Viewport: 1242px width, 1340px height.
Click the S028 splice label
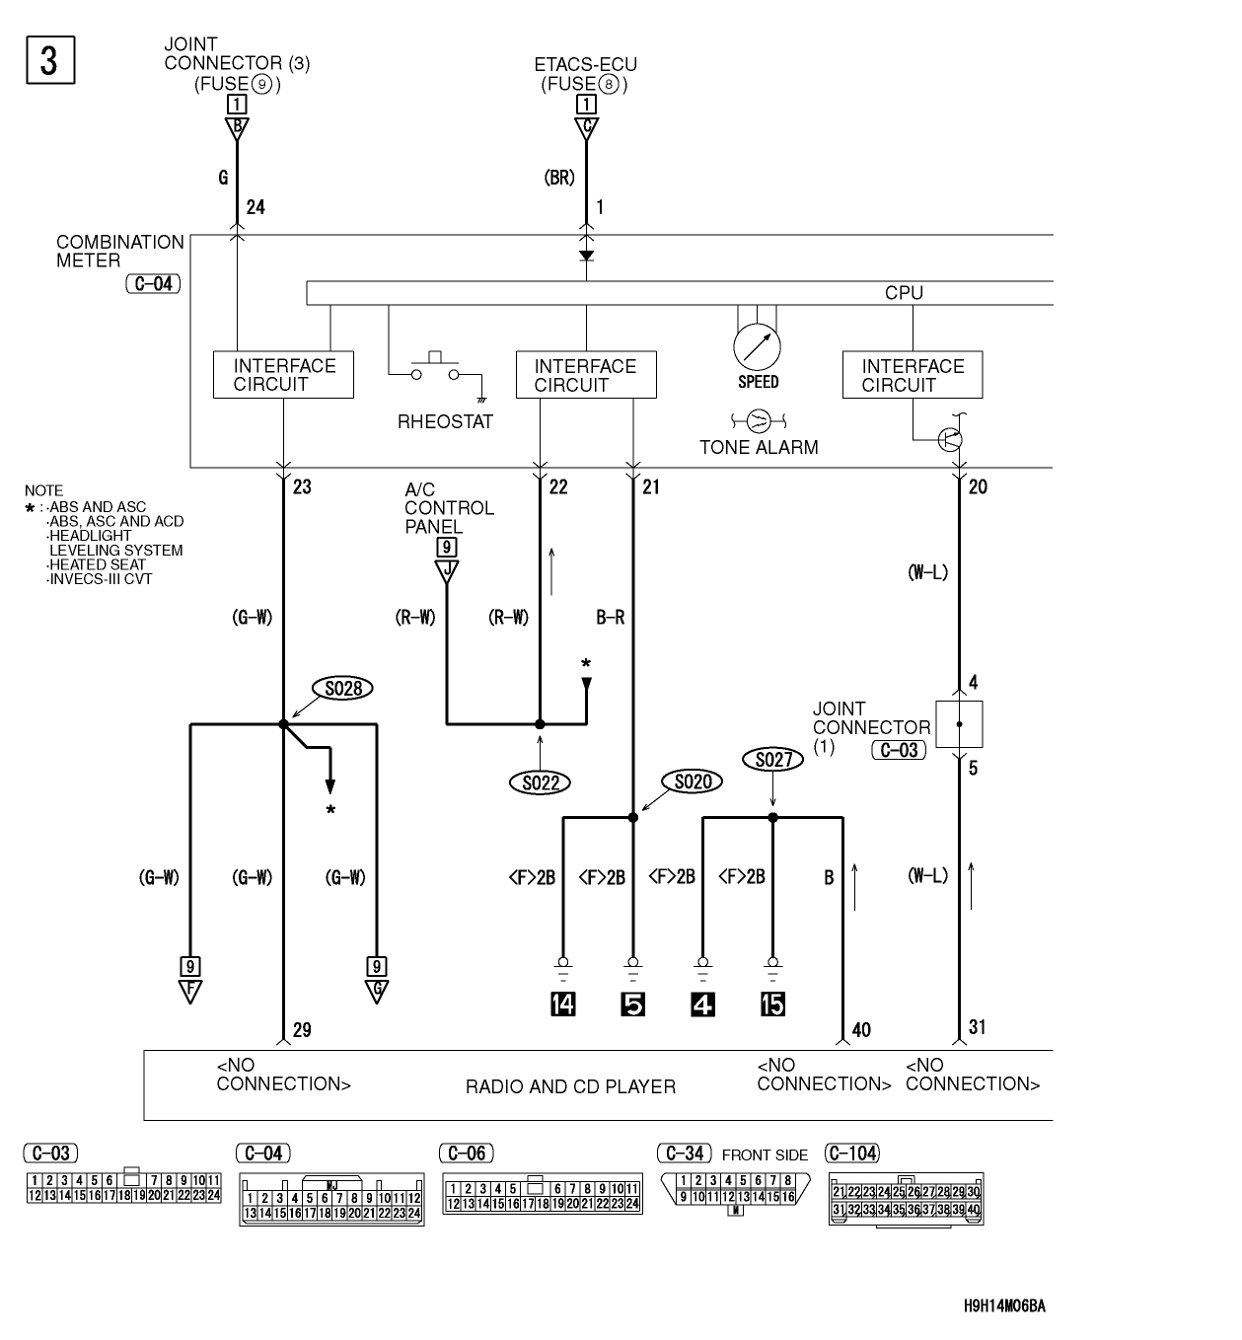coord(342,688)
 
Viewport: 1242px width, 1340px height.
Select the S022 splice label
coord(540,782)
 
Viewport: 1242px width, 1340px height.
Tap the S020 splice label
coord(693,782)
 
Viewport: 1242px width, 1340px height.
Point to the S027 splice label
coord(772,759)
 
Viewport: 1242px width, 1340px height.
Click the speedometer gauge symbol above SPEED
coord(757,346)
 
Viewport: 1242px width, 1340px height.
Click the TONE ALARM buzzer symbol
coord(759,421)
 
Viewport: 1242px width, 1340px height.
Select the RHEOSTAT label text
coord(445,422)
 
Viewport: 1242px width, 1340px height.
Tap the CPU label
coord(904,293)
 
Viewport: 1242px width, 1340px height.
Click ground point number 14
coord(563,1005)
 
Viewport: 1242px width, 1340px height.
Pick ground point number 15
coord(772,1005)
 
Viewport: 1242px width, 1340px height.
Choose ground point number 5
coord(632,1005)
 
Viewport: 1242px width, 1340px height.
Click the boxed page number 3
coord(49,59)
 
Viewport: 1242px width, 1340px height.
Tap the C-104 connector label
coord(852,1153)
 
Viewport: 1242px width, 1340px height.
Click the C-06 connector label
coord(466,1153)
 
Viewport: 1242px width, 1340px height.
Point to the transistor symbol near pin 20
coord(950,439)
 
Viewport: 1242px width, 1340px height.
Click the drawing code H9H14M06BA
coord(1003,1305)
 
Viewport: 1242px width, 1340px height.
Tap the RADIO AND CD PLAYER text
coord(570,1086)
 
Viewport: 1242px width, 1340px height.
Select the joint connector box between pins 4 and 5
coord(958,725)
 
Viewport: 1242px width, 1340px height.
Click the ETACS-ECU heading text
coord(585,65)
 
